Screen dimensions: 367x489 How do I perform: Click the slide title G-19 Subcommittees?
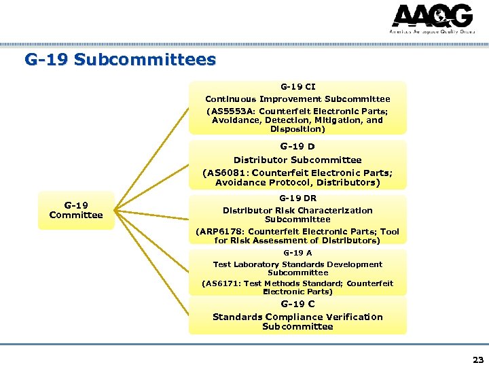[x=120, y=60]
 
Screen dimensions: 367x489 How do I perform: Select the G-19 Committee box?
[x=76, y=210]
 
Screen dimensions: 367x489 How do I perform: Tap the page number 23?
[x=478, y=360]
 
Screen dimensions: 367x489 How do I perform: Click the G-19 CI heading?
[x=297, y=87]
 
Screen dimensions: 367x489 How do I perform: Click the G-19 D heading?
[x=297, y=146]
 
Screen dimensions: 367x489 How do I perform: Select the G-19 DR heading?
[x=297, y=198]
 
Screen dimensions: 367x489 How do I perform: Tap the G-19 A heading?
[x=297, y=252]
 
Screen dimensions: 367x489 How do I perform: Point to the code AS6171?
[x=225, y=283]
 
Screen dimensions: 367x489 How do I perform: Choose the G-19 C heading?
[x=297, y=304]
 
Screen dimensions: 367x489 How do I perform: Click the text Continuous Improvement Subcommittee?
[x=297, y=99]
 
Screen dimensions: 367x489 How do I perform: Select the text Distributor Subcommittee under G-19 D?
[x=297, y=160]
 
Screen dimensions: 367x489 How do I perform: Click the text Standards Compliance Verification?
[x=297, y=317]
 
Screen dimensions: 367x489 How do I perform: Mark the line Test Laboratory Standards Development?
[x=297, y=264]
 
